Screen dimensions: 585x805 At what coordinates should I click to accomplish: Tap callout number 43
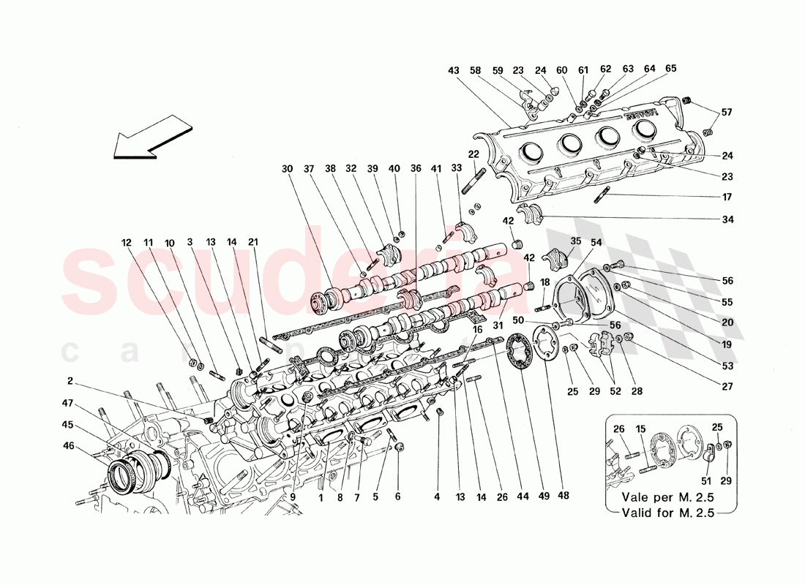click(x=454, y=70)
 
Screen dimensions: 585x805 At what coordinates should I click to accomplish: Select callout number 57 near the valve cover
click(x=726, y=113)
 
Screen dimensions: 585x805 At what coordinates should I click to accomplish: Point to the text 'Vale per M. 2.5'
click(x=667, y=497)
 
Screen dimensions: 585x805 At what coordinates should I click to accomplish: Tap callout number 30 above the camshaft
click(x=286, y=169)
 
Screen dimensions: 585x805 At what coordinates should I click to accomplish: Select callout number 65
click(x=671, y=70)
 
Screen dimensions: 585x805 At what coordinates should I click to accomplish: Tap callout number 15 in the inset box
click(x=641, y=429)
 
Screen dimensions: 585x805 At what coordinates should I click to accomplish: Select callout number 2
click(x=70, y=380)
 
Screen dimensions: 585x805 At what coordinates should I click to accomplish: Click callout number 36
click(x=416, y=169)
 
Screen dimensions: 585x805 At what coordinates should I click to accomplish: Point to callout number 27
click(x=726, y=386)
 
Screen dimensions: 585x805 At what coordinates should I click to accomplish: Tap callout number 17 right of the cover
click(x=726, y=197)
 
